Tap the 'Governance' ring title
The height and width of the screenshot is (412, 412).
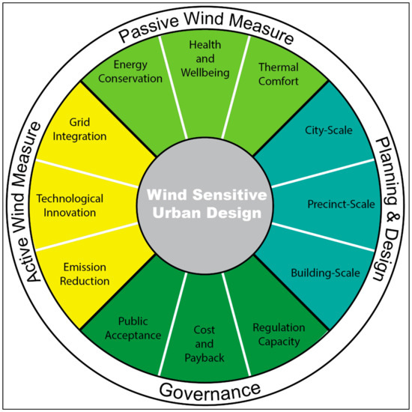(x=207, y=391)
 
